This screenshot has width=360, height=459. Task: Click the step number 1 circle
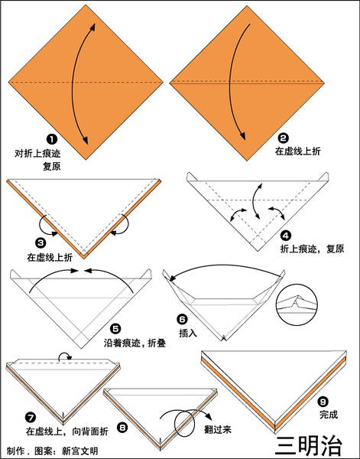pos(52,139)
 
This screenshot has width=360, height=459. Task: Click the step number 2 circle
pos(283,138)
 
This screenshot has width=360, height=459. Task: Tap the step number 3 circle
pos(41,243)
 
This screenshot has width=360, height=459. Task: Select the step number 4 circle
pos(285,236)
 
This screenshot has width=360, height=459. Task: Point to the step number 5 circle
pos(115,329)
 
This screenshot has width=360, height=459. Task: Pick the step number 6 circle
pos(182,319)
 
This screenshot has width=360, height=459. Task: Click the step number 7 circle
pos(31,418)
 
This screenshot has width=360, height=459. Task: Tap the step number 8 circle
pos(122,428)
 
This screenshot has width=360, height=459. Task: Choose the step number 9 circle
pos(323,402)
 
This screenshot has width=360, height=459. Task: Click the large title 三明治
pos(309,446)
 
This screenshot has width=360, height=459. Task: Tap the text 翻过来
pos(218,429)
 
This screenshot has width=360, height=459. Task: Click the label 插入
pos(188,333)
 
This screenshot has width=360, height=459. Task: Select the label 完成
pos(329,415)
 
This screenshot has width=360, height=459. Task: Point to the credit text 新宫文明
pos(79,451)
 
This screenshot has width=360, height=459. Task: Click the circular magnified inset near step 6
pos(297,304)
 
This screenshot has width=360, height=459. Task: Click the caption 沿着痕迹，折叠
pos(135,343)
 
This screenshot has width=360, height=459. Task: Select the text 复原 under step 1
pos(52,166)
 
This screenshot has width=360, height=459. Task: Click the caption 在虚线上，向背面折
pos(67,431)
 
